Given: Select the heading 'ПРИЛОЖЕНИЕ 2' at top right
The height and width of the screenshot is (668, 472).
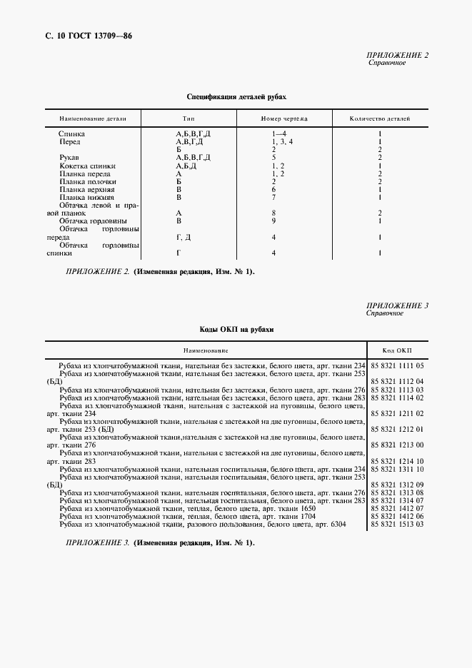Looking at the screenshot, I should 397,55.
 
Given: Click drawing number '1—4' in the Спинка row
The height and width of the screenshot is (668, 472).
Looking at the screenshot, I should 278,133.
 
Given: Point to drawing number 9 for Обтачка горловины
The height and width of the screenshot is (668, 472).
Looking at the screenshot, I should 273,221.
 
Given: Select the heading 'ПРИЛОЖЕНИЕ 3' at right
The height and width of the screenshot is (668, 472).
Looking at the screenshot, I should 397,305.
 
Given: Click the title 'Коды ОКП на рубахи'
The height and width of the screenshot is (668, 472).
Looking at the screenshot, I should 236,330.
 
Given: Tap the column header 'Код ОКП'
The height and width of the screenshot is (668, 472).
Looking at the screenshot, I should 397,350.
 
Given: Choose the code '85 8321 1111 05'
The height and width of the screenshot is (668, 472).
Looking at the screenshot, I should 398,365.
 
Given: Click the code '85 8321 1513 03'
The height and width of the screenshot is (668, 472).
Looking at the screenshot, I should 398,524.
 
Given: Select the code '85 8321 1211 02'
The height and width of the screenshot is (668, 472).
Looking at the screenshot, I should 398,413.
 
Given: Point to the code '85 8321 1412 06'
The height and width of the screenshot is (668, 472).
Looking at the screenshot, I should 398,516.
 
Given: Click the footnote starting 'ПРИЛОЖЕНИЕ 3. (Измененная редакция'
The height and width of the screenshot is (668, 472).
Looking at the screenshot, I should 159,543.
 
